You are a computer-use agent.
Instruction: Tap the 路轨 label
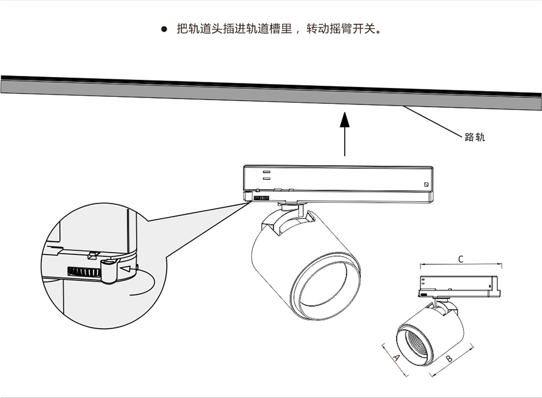474,138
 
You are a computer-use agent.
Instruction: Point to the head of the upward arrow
345,119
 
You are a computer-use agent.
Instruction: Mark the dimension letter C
460,259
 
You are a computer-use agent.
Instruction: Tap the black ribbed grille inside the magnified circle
84,273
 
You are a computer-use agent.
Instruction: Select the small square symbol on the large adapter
426,185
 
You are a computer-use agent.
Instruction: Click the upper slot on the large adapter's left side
266,172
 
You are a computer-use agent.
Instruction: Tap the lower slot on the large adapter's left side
266,180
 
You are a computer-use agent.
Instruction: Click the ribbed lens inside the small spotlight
415,344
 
